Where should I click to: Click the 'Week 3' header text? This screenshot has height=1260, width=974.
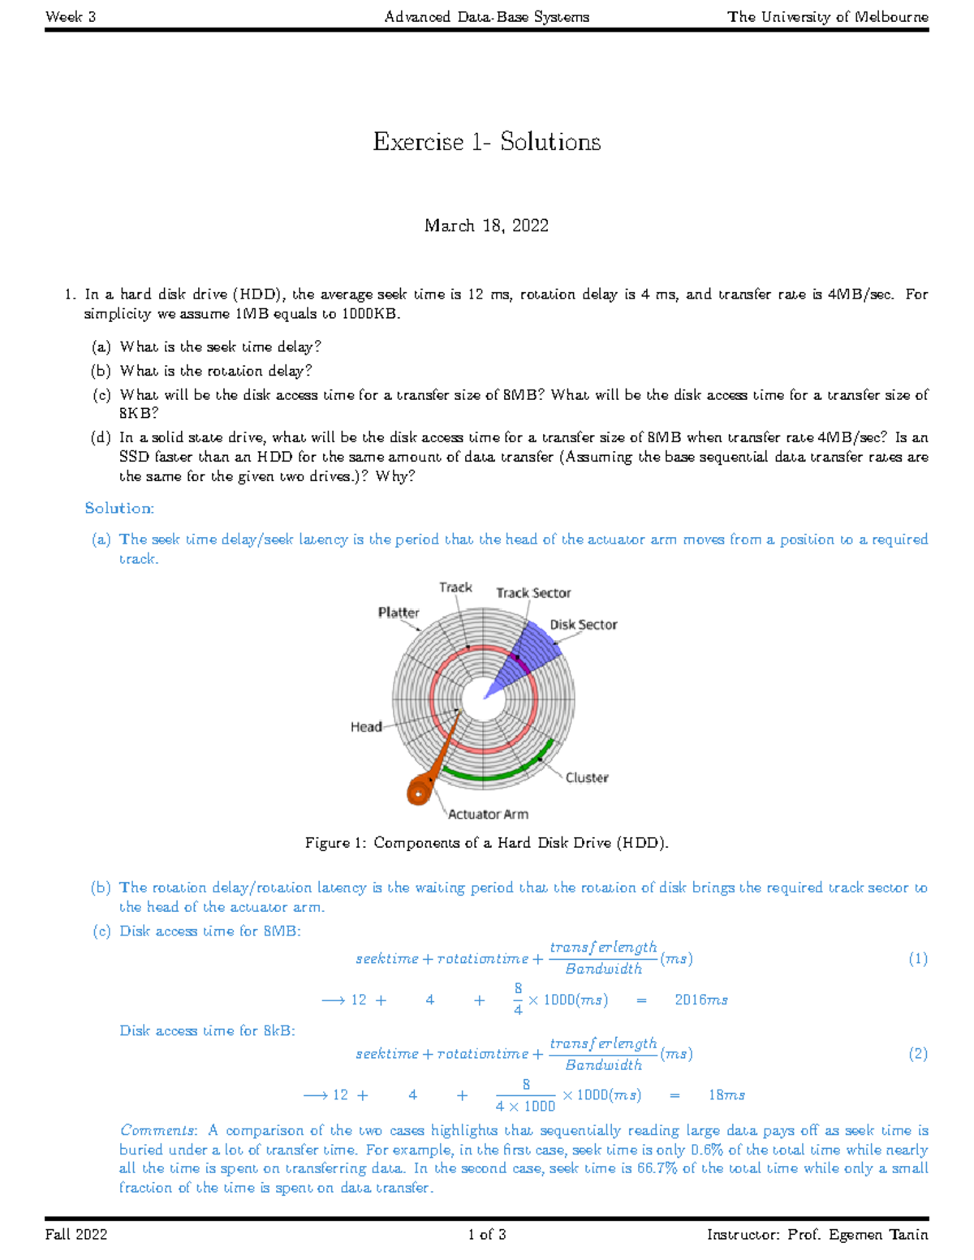click(71, 16)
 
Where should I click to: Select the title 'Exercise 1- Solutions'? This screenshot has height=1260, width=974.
click(486, 142)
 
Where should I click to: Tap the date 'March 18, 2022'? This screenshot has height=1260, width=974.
click(486, 226)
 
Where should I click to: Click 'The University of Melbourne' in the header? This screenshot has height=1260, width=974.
click(827, 16)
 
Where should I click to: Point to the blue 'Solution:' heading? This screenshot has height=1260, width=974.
click(119, 508)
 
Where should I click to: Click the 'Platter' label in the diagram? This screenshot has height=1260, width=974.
click(399, 613)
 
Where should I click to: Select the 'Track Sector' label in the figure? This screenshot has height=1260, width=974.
click(533, 593)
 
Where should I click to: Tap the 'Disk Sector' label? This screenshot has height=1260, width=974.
click(583, 625)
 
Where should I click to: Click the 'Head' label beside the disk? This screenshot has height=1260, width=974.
click(366, 727)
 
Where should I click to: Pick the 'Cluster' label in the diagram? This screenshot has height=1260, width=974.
click(587, 777)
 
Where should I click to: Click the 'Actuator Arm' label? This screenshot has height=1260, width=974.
click(488, 814)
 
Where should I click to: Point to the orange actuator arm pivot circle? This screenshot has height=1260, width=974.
click(419, 790)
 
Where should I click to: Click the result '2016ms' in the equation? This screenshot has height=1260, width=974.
click(700, 1000)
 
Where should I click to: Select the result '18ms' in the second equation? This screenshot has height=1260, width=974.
click(726, 1095)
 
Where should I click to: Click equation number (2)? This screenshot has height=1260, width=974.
click(917, 1054)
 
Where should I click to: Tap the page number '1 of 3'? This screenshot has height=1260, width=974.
click(486, 1235)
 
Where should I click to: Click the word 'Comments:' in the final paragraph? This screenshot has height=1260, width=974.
click(158, 1130)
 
